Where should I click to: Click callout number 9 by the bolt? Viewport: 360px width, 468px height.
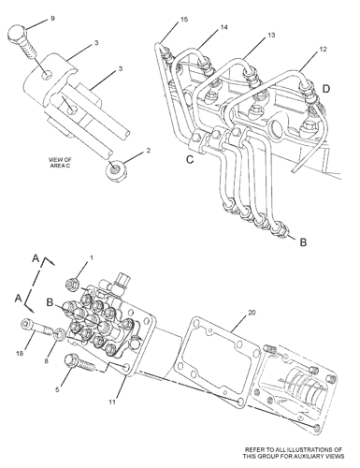coord(52,19)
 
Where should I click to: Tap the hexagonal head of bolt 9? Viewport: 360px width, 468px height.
coord(17,34)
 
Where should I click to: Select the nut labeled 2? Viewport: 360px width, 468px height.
coord(116,170)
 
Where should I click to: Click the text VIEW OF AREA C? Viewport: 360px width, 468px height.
coord(60,163)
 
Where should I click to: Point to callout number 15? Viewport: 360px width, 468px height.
coord(184,20)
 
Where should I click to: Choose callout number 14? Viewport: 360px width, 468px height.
coord(223,27)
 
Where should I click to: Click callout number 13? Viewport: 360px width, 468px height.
coord(271,36)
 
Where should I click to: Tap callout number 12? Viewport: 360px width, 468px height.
coord(323,49)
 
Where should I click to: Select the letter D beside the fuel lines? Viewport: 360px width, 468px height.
coord(326,89)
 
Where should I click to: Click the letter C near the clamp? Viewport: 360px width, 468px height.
coord(190,159)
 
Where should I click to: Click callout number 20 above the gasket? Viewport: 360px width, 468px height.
coord(252,313)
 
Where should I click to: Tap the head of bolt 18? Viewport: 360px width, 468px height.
coord(25,325)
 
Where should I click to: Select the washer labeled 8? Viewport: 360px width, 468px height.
coord(59,335)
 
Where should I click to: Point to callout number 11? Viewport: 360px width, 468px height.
coord(112,402)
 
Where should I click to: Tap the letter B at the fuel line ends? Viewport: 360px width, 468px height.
coord(303,242)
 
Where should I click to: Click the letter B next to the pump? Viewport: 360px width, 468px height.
coord(50,302)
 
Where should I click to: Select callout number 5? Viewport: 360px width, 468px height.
coord(57,389)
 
